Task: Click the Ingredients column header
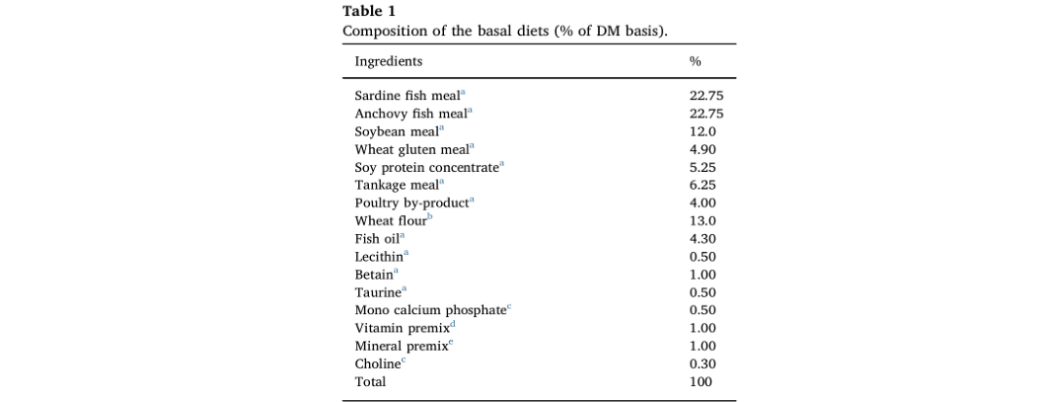pyautogui.click(x=389, y=61)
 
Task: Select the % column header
pyautogui.click(x=695, y=61)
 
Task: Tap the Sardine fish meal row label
pyautogui.click(x=407, y=96)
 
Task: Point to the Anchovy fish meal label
pyautogui.click(x=410, y=114)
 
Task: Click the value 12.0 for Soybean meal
pyautogui.click(x=703, y=131)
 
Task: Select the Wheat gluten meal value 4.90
pyautogui.click(x=703, y=149)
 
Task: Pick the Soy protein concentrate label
pyautogui.click(x=427, y=167)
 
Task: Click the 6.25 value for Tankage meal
pyautogui.click(x=703, y=185)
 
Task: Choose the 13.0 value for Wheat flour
pyautogui.click(x=703, y=220)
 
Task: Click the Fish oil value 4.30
pyautogui.click(x=703, y=238)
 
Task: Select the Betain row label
pyautogui.click(x=374, y=275)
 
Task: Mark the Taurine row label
pyautogui.click(x=378, y=292)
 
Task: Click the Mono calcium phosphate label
pyautogui.click(x=430, y=310)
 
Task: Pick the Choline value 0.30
pyautogui.click(x=703, y=363)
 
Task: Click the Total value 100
pyautogui.click(x=701, y=381)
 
